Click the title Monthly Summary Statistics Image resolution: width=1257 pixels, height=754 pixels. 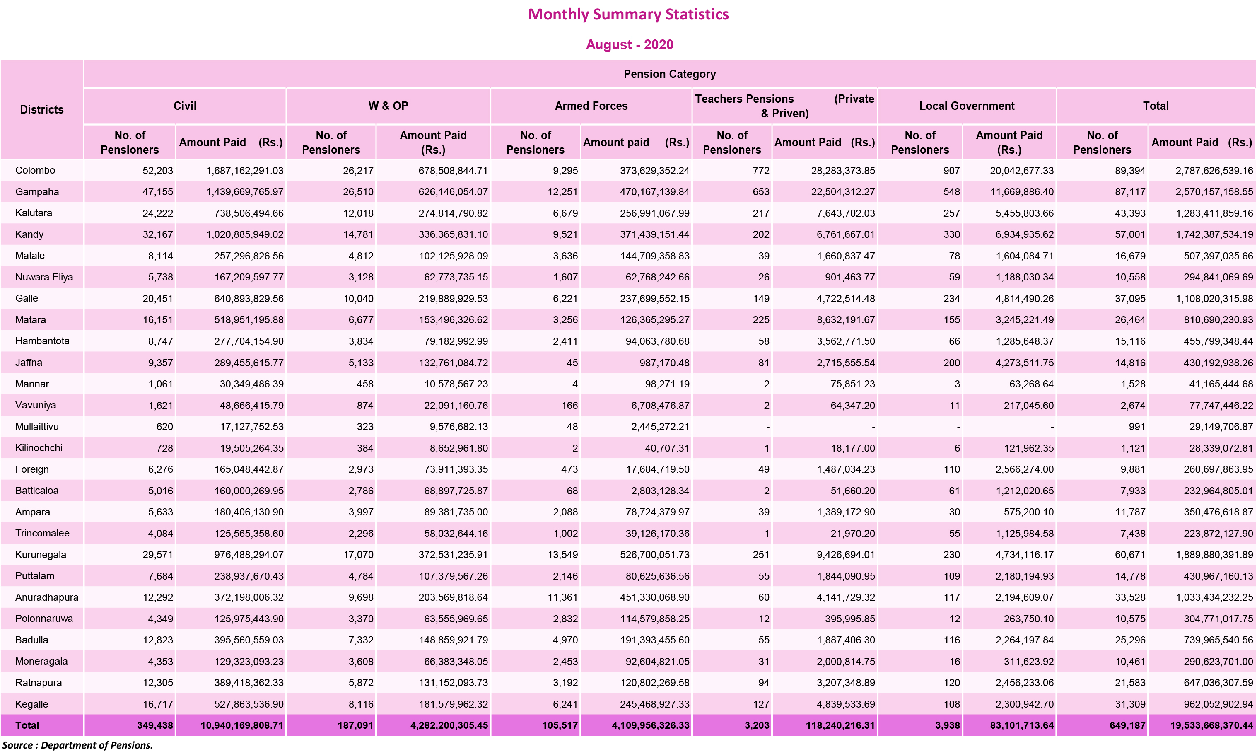click(x=628, y=14)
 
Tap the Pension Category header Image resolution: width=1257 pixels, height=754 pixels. click(x=669, y=74)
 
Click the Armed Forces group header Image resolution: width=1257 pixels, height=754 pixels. click(x=591, y=106)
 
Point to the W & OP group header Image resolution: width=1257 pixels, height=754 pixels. click(x=388, y=106)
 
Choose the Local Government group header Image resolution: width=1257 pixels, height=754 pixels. click(x=967, y=106)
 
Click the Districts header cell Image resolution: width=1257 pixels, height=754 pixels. click(x=42, y=109)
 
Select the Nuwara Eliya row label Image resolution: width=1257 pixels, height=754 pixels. click(x=44, y=277)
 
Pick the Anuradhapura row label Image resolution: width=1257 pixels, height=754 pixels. click(x=47, y=597)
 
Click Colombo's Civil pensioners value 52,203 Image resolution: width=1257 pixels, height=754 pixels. click(x=157, y=171)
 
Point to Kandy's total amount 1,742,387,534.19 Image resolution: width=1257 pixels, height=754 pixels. click(x=1214, y=235)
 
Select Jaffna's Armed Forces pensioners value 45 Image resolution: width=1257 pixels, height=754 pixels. click(x=572, y=363)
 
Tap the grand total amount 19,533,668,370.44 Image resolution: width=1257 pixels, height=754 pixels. click(x=1211, y=725)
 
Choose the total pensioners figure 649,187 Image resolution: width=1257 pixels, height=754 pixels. click(x=1127, y=725)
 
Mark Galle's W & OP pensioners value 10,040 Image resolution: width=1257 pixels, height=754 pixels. click(x=358, y=299)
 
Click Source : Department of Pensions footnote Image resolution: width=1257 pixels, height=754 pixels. click(x=77, y=745)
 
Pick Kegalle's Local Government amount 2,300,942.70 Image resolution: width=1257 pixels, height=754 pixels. click(x=1024, y=704)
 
